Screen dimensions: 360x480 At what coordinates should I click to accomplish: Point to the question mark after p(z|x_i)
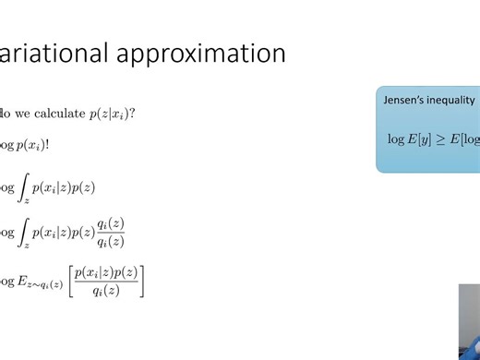pyautogui.click(x=134, y=114)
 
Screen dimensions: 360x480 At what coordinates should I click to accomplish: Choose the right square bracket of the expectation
pyautogui.click(x=142, y=280)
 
